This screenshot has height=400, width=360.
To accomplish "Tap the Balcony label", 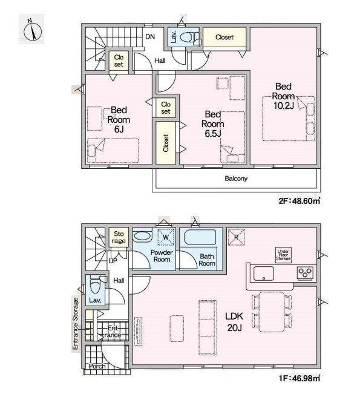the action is pyautogui.click(x=236, y=179).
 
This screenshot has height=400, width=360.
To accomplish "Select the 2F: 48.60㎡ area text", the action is pyautogui.click(x=299, y=201).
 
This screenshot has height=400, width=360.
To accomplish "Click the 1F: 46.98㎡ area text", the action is pyautogui.click(x=299, y=378).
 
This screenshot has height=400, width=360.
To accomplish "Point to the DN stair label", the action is pyautogui.click(x=150, y=37).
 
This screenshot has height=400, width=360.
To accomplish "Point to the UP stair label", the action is pyautogui.click(x=113, y=261).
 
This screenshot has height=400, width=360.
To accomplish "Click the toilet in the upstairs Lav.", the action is pyautogui.click(x=189, y=38).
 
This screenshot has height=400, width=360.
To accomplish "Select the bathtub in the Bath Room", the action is pyautogui.click(x=200, y=238).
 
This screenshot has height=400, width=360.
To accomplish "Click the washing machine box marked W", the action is pyautogui.click(x=166, y=237).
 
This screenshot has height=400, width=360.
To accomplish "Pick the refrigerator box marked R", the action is pyautogui.click(x=236, y=237).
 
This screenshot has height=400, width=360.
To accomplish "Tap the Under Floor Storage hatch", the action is pyautogui.click(x=283, y=255).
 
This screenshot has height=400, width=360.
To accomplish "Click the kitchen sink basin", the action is pyautogui.click(x=264, y=274).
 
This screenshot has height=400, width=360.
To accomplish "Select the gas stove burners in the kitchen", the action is pyautogui.click(x=305, y=273).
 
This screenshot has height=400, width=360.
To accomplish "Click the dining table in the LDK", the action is pyautogui.click(x=272, y=312).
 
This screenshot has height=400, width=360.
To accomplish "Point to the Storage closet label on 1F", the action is pyautogui.click(x=119, y=237).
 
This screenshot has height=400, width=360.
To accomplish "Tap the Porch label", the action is pyautogui.click(x=97, y=366).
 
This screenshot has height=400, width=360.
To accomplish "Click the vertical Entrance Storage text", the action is pyautogui.click(x=75, y=324).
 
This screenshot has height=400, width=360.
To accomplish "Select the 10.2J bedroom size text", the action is pyautogui.click(x=284, y=105).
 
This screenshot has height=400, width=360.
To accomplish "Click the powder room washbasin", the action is pyautogui.click(x=142, y=235).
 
